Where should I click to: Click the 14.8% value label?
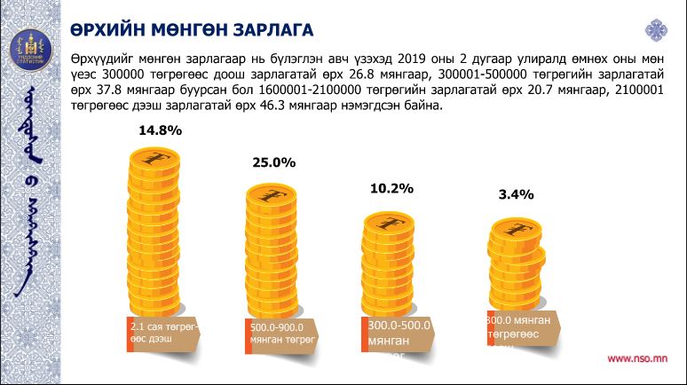click(160, 130)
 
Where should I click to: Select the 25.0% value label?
click(273, 163)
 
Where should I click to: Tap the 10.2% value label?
click(391, 188)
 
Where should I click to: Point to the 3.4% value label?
click(516, 194)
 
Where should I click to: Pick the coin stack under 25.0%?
click(272, 248)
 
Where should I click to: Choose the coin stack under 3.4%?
click(516, 266)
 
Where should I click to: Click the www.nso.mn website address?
click(637, 359)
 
